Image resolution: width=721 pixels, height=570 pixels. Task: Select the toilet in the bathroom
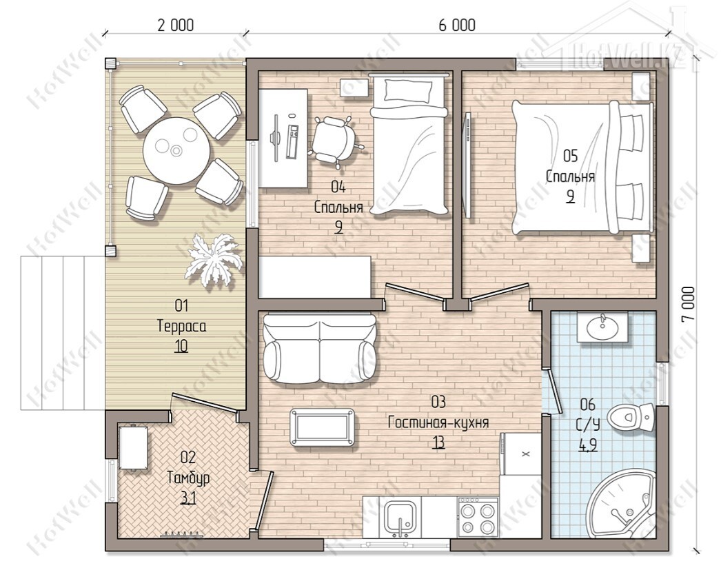pyautogui.click(x=631, y=418)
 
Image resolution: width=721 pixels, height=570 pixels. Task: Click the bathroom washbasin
pyautogui.click(x=602, y=327)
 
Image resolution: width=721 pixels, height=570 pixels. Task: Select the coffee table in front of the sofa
pyautogui.click(x=323, y=427)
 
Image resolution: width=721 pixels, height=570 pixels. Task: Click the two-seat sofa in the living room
pyautogui.click(x=320, y=348)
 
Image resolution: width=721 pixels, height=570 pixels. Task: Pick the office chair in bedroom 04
pyautogui.click(x=333, y=140)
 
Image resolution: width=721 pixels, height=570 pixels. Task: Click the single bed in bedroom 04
pyautogui.click(x=408, y=144)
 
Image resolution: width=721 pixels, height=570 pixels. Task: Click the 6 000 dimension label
pyautogui.click(x=456, y=25)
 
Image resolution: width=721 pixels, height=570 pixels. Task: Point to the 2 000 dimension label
pyautogui.click(x=176, y=25)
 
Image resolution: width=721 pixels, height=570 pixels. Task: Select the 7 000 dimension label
pyautogui.click(x=689, y=305)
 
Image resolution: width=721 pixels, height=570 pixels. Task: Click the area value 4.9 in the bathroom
pyautogui.click(x=587, y=445)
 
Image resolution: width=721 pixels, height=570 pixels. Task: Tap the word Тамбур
pyautogui.click(x=189, y=478)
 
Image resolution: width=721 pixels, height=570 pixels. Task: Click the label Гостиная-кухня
pyautogui.click(x=438, y=422)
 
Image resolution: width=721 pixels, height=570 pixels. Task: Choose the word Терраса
pyautogui.click(x=182, y=326)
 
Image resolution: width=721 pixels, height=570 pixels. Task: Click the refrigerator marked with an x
pyautogui.click(x=521, y=454)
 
